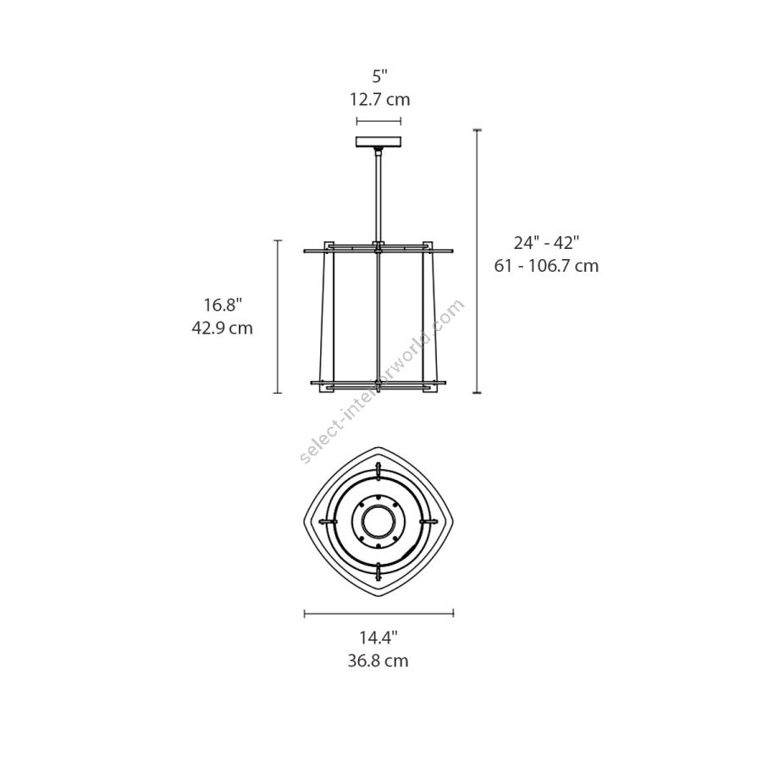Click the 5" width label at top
(380, 76)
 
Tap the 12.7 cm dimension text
(380, 100)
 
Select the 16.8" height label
(223, 305)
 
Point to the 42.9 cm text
(222, 328)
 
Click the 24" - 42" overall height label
(547, 242)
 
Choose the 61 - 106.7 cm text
(546, 266)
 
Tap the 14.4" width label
(378, 638)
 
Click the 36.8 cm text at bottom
(378, 661)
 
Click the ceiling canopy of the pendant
(378, 141)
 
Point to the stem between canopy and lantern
(378, 195)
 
